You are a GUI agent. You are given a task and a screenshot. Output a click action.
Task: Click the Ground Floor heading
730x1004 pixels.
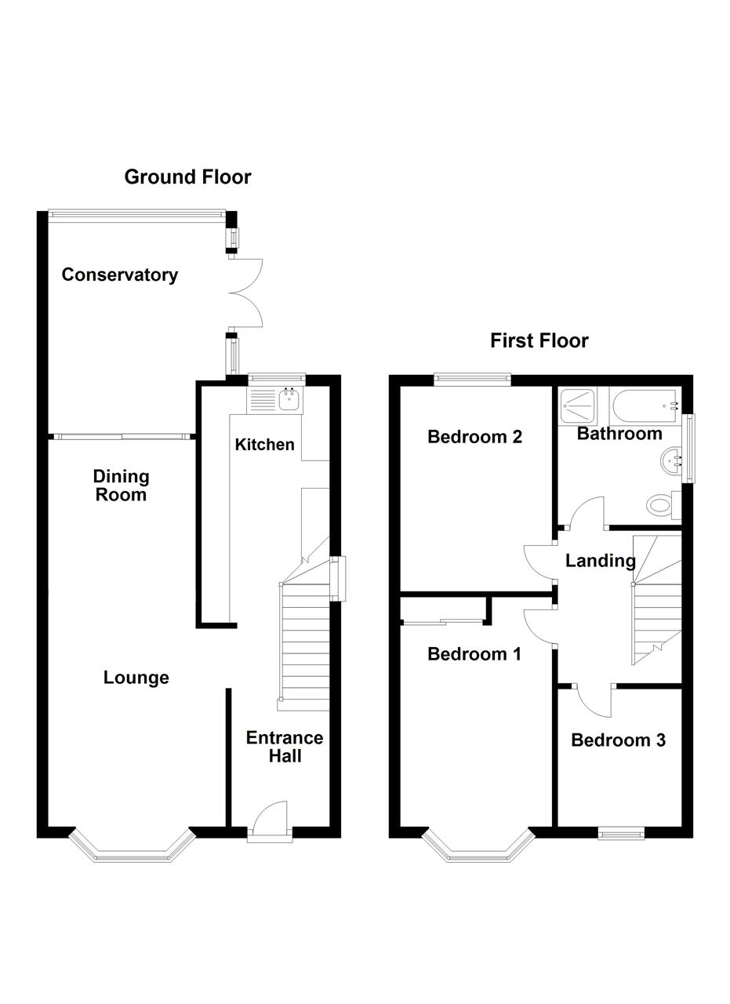187,177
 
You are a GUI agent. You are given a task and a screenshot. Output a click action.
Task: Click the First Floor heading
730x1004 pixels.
539,340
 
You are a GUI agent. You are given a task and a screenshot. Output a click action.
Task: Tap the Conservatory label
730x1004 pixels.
120,275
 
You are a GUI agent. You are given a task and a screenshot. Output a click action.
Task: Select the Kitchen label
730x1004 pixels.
264,445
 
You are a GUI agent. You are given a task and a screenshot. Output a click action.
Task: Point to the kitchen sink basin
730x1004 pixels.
289,399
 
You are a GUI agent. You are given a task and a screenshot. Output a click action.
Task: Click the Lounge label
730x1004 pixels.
136,677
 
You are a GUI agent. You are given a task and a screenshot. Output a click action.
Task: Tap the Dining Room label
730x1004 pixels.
121,486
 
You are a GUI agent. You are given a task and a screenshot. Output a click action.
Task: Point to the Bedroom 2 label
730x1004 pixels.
474,437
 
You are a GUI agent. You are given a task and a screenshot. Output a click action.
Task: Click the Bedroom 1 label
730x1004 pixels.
474,654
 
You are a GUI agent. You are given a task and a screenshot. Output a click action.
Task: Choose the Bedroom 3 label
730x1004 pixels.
618,740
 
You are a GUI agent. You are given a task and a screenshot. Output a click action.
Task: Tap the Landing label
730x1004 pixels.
600,561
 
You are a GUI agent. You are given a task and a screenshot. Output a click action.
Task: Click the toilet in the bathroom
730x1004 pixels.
663,505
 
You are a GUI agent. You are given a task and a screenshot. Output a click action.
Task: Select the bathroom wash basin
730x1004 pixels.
671,460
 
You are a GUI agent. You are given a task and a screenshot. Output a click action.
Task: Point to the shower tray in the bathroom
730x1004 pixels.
578,406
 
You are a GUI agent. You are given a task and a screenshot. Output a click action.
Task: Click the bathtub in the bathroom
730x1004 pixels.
645,406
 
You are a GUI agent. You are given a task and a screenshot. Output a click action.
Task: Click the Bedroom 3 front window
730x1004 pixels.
621,834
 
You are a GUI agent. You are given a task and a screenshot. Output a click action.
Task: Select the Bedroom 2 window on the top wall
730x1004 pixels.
472,380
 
